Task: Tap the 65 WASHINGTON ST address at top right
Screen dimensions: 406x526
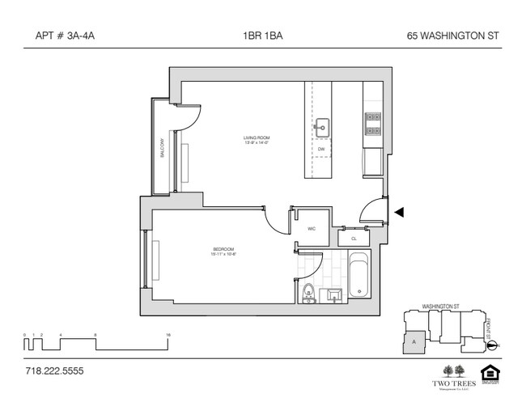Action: click(x=457, y=36)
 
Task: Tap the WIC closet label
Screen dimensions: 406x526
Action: click(x=311, y=229)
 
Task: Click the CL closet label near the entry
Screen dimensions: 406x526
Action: click(x=354, y=239)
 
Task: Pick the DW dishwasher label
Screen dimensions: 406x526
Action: click(x=321, y=150)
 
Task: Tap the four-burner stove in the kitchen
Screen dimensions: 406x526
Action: click(x=373, y=123)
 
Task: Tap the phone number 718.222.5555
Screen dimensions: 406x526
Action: click(x=53, y=371)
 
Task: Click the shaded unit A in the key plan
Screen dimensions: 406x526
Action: click(x=415, y=342)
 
